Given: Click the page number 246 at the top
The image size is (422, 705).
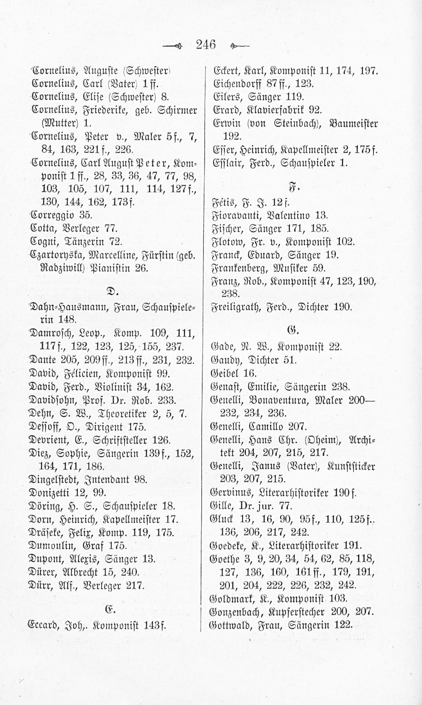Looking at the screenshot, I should click(x=205, y=43).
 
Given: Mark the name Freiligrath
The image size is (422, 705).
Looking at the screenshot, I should click(x=238, y=307).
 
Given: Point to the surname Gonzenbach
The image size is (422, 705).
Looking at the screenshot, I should click(x=241, y=612).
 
